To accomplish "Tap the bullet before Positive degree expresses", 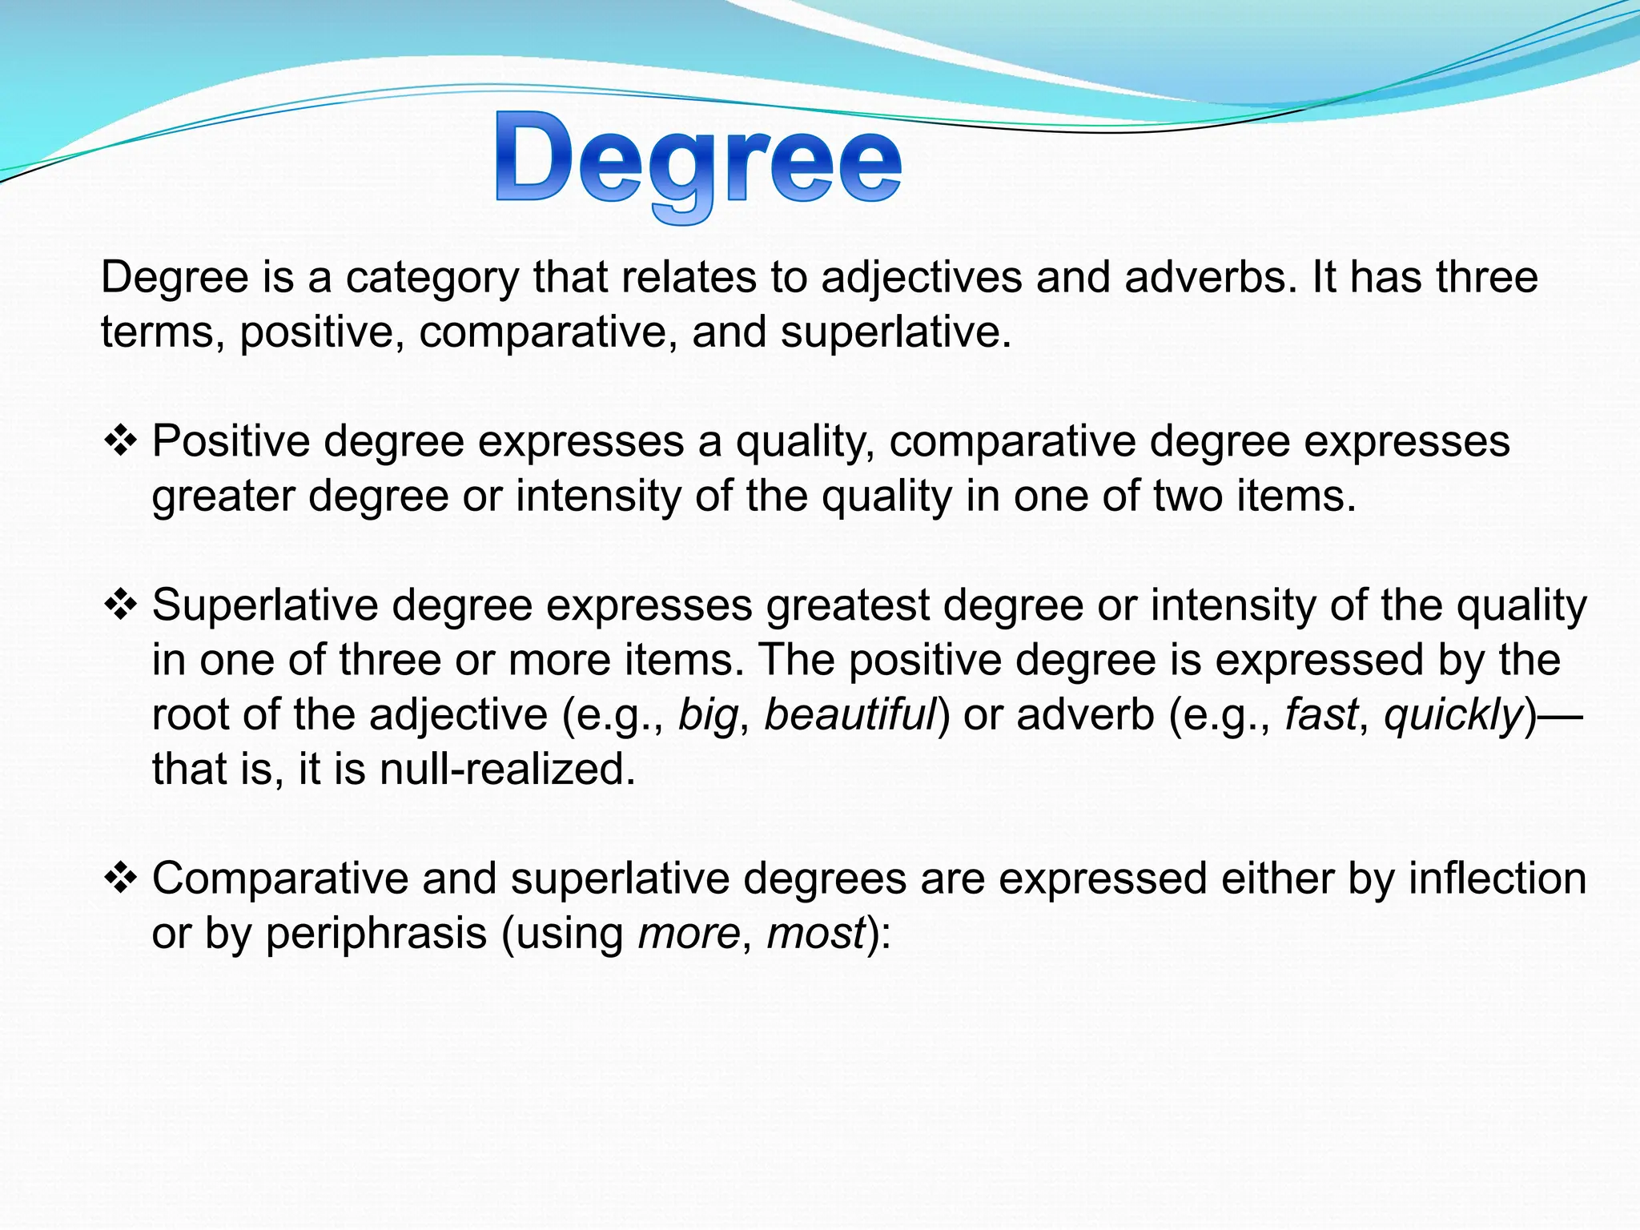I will pyautogui.click(x=121, y=441).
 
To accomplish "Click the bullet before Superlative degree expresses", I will pyautogui.click(x=121, y=605).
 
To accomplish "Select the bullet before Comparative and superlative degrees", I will pyautogui.click(x=121, y=879).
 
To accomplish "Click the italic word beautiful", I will pyautogui.click(x=850, y=714).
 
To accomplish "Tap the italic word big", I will pyautogui.click(x=707, y=714).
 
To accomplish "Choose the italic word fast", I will pyautogui.click(x=1321, y=714).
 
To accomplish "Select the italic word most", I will pyautogui.click(x=816, y=934).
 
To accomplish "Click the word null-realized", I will pyautogui.click(x=507, y=769).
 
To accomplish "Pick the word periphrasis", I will pyautogui.click(x=376, y=934).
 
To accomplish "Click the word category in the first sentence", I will pyautogui.click(x=432, y=278).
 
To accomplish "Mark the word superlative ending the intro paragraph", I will pyautogui.click(x=895, y=332).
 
